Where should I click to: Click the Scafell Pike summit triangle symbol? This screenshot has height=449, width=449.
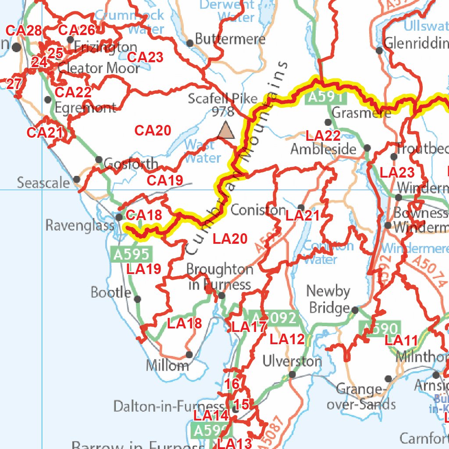[226, 131]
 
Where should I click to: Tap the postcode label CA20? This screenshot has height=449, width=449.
[152, 131]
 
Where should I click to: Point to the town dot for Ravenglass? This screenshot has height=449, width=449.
[119, 217]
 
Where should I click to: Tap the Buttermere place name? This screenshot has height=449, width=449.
[230, 39]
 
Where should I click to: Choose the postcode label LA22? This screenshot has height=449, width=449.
[323, 136]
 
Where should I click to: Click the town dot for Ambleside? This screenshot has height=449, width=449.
[367, 148]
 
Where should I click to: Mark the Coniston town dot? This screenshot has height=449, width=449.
[301, 207]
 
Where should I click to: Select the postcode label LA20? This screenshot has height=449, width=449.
[230, 239]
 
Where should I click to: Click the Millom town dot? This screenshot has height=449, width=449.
[189, 354]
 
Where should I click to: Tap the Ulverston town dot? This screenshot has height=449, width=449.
[292, 374]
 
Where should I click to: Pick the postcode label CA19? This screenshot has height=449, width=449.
[164, 180]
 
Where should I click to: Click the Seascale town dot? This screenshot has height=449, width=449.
[77, 179]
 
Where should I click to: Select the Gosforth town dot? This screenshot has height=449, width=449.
[99, 160]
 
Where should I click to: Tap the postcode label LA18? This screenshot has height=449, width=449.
[185, 324]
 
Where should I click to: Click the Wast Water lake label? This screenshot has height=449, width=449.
[203, 151]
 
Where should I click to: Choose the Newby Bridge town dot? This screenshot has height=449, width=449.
[355, 310]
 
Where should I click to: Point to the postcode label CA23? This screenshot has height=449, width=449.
[145, 57]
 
